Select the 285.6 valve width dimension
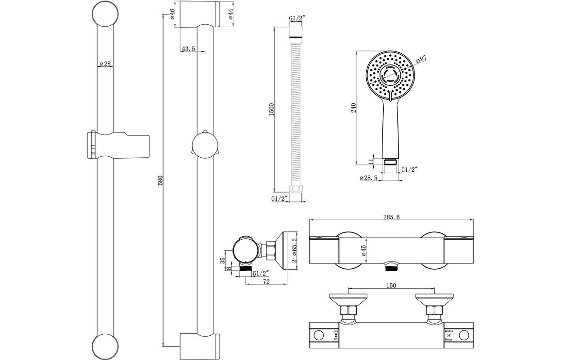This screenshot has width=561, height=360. coord(391,217)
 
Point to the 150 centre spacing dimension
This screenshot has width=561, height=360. coord(391,285)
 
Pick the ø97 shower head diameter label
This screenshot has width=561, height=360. coord(422,59)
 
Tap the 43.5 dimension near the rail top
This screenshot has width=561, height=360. coord(188,49)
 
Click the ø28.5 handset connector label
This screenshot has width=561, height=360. coord(369,178)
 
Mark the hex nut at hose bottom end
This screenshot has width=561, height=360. coord(296,189)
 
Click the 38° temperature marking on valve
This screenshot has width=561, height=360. coord(448,335)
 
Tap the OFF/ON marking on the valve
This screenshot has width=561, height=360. coord(336,335)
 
